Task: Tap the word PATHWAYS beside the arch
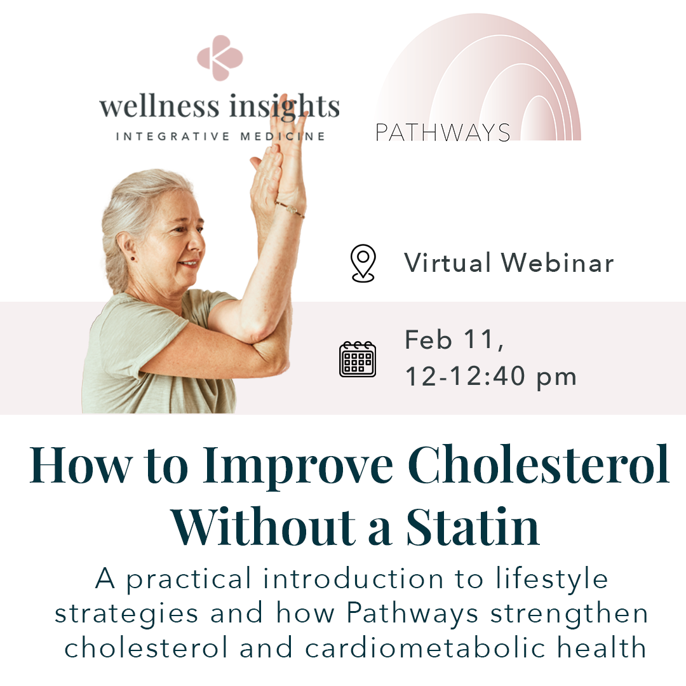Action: click(443, 132)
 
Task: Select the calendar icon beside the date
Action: click(358, 360)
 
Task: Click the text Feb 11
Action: click(454, 340)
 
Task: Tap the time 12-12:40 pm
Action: click(490, 377)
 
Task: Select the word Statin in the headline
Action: click(473, 527)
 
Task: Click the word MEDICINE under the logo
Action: click(293, 136)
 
